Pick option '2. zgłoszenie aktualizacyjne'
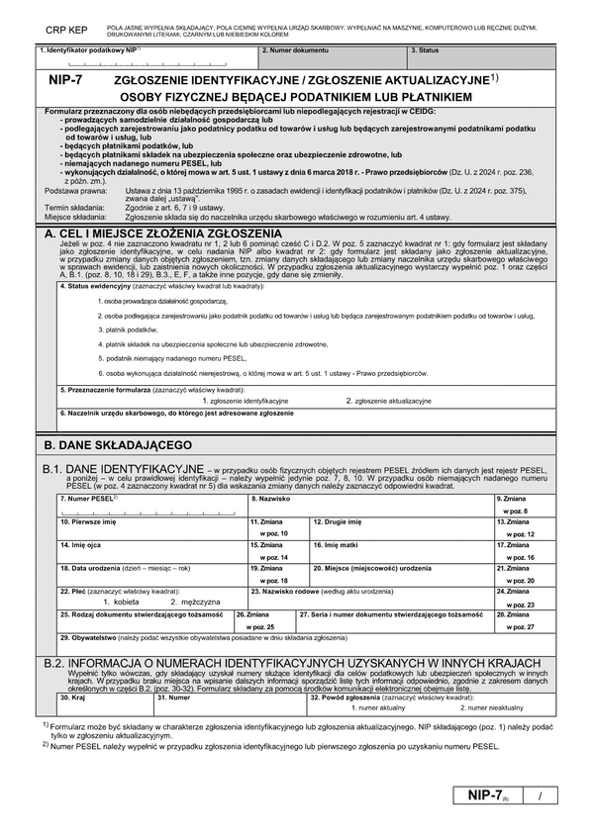click(388, 401)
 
